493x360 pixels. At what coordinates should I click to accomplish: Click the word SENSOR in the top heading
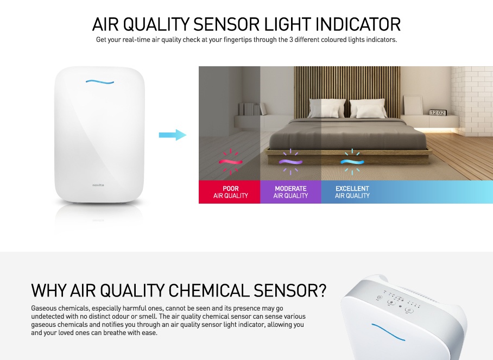coord(226,24)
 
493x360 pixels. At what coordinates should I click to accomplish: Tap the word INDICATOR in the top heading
coord(358,24)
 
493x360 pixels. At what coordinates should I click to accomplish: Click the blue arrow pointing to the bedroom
coord(173,135)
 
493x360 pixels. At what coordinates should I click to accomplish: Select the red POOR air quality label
coord(230,192)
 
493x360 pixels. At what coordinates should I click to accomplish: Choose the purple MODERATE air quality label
coord(290,192)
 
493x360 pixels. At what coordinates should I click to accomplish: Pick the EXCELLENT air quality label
coord(352,192)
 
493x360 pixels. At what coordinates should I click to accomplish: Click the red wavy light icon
coord(231,162)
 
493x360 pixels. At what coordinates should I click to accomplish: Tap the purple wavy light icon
coord(290,162)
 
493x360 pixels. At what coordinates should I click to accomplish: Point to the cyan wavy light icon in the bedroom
coord(352,162)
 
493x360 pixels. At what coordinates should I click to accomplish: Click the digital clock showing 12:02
coord(438,112)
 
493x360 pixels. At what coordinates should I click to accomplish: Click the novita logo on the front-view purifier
coord(98,185)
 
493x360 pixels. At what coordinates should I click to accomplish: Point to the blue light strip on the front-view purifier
coord(100,82)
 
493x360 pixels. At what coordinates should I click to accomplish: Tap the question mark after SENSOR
coord(322,290)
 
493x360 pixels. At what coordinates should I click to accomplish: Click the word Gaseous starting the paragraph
coord(43,308)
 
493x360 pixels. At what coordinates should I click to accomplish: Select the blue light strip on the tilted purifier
coord(388,332)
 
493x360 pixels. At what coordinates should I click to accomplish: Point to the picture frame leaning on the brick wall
coord(413,105)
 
